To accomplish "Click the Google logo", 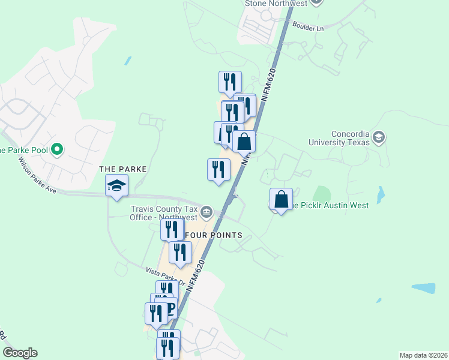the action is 20,353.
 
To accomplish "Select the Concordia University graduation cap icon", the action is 379,138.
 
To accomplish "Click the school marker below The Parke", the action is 117,185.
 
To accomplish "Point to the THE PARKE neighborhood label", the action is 123,169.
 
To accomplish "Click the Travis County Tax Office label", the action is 164,213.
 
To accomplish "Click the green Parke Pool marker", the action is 57,149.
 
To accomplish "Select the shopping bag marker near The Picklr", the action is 280,200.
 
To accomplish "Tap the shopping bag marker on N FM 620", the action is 244,142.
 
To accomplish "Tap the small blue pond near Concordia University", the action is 381,194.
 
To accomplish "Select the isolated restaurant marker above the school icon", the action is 218,170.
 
